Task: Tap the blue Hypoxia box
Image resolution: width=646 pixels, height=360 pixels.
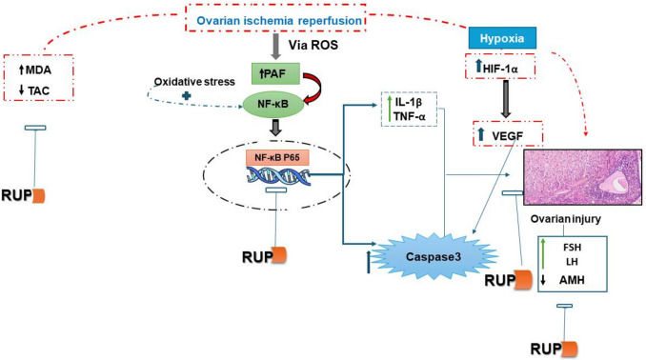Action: tap(502, 38)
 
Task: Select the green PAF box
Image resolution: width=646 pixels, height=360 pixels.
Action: tap(275, 73)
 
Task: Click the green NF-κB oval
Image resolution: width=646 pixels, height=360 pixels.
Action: tap(273, 105)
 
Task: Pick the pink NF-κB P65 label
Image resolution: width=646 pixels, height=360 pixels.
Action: tap(277, 157)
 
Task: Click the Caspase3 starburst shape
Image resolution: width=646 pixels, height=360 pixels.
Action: tap(434, 256)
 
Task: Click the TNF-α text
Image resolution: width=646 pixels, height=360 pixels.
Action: tap(409, 116)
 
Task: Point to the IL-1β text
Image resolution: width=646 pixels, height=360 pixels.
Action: tap(409, 101)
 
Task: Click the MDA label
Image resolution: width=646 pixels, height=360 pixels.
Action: tap(38, 70)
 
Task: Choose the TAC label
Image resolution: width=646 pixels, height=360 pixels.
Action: tap(39, 90)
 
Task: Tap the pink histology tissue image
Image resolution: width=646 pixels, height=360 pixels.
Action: tap(582, 177)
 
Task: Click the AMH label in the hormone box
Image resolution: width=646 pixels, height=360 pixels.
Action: tap(572, 280)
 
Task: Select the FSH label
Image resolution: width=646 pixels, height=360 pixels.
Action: tap(573, 247)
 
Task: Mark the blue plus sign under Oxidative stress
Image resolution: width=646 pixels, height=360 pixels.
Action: tap(186, 95)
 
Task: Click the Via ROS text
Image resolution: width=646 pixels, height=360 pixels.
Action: tap(313, 45)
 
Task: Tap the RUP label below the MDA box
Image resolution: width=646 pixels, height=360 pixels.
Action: tap(16, 195)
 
